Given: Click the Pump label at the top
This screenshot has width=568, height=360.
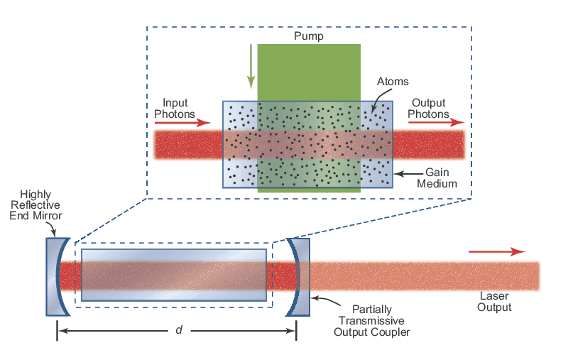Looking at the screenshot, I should point(308,36).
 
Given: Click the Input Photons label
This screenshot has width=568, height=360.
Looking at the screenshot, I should point(175,108).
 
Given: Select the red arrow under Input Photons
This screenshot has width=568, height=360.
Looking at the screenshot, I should point(177,122).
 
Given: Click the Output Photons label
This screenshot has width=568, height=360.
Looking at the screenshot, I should point(430,108).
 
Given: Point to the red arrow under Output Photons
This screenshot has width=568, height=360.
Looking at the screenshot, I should point(434,122).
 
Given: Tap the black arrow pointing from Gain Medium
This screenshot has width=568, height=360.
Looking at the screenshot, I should point(407,173).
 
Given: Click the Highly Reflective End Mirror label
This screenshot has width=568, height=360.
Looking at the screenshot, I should point(40,205).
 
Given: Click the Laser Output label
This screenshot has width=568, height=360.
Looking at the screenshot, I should point(495,302).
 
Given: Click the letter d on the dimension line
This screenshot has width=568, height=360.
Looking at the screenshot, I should point(178,330).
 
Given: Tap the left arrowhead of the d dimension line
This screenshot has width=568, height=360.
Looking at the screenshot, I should point(61,330).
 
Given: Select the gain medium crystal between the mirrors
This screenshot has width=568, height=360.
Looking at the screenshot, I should point(174,274).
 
